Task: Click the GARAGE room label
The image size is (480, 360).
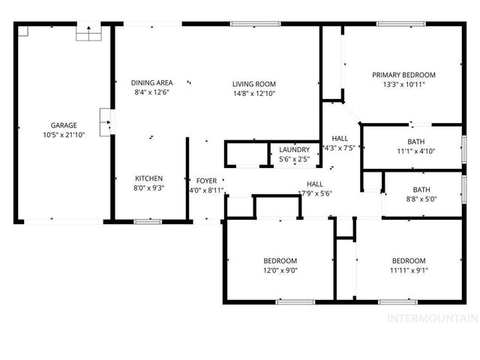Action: pyautogui.click(x=64, y=125)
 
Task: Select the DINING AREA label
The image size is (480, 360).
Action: pyautogui.click(x=152, y=83)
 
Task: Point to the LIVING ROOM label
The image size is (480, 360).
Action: pyautogui.click(x=253, y=84)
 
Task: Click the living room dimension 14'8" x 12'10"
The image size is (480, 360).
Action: pyautogui.click(x=253, y=93)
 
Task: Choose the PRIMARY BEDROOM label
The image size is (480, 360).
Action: pyautogui.click(x=403, y=75)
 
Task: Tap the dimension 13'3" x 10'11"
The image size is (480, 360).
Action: pyautogui.click(x=403, y=84)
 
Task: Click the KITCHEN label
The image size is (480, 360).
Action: pyautogui.click(x=148, y=178)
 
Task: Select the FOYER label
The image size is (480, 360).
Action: pyautogui.click(x=206, y=181)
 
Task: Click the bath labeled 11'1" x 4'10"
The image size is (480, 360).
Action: pyautogui.click(x=415, y=151)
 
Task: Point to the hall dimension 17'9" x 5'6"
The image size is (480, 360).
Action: pyautogui.click(x=314, y=193)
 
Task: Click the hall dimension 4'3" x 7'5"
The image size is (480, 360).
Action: pyautogui.click(x=340, y=148)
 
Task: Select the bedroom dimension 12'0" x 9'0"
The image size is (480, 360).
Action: pyautogui.click(x=280, y=270)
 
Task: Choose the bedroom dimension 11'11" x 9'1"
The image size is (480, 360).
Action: pyautogui.click(x=409, y=270)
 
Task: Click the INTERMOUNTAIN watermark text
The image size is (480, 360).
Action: pyautogui.click(x=431, y=319)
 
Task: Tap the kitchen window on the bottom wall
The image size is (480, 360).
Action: pyautogui.click(x=148, y=221)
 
